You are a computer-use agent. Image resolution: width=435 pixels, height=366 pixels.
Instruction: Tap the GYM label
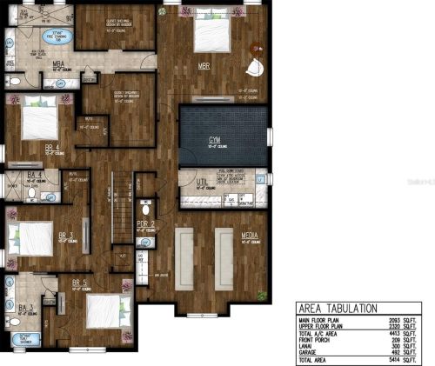click(214, 139)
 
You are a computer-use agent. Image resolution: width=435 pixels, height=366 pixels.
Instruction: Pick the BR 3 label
click(64, 235)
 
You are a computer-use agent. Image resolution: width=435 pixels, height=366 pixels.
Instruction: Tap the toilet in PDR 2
click(146, 209)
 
